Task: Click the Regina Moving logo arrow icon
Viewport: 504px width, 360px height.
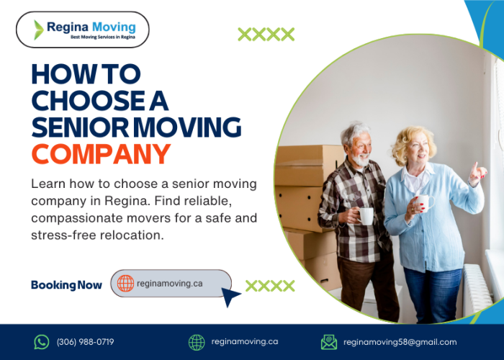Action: [x=38, y=30]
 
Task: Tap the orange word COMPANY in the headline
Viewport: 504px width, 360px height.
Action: [x=102, y=153]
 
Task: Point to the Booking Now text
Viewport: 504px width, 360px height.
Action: [x=66, y=285]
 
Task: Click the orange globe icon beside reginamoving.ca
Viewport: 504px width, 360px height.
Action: [x=125, y=284]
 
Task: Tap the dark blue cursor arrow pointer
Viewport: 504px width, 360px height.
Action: [x=230, y=296]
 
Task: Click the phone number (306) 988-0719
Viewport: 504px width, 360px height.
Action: [x=85, y=342]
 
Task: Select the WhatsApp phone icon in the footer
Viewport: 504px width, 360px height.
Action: [x=42, y=342]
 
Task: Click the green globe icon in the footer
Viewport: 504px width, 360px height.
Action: [x=197, y=342]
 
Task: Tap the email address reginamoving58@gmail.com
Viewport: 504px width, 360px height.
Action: [x=400, y=342]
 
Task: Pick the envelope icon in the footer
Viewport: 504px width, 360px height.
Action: [x=329, y=342]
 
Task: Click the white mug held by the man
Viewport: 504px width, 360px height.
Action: [x=366, y=215]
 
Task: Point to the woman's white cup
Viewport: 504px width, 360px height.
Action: [x=423, y=202]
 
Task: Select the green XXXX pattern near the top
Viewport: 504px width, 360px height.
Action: [x=266, y=34]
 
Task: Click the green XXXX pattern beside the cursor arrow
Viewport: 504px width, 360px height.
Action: [x=270, y=286]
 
